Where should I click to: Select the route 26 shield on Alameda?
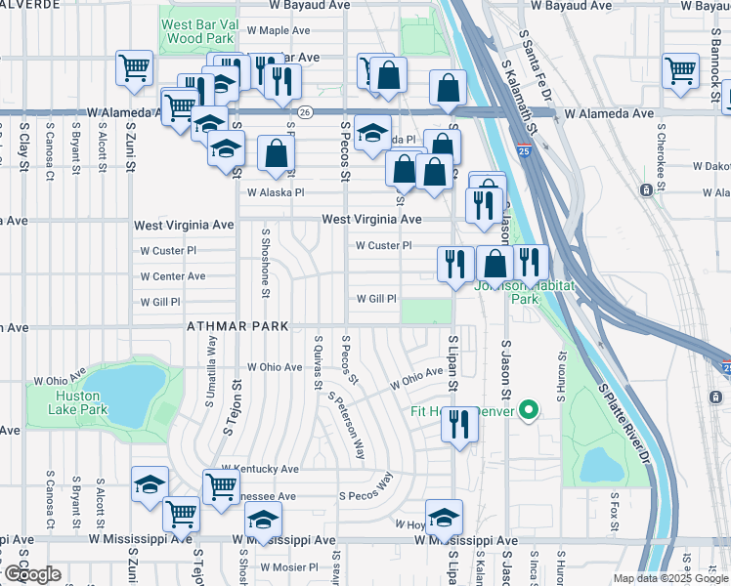305,113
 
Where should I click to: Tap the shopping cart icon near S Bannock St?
680,70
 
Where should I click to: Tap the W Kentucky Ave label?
259,470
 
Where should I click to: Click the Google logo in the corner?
33,573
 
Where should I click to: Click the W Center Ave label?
173,276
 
